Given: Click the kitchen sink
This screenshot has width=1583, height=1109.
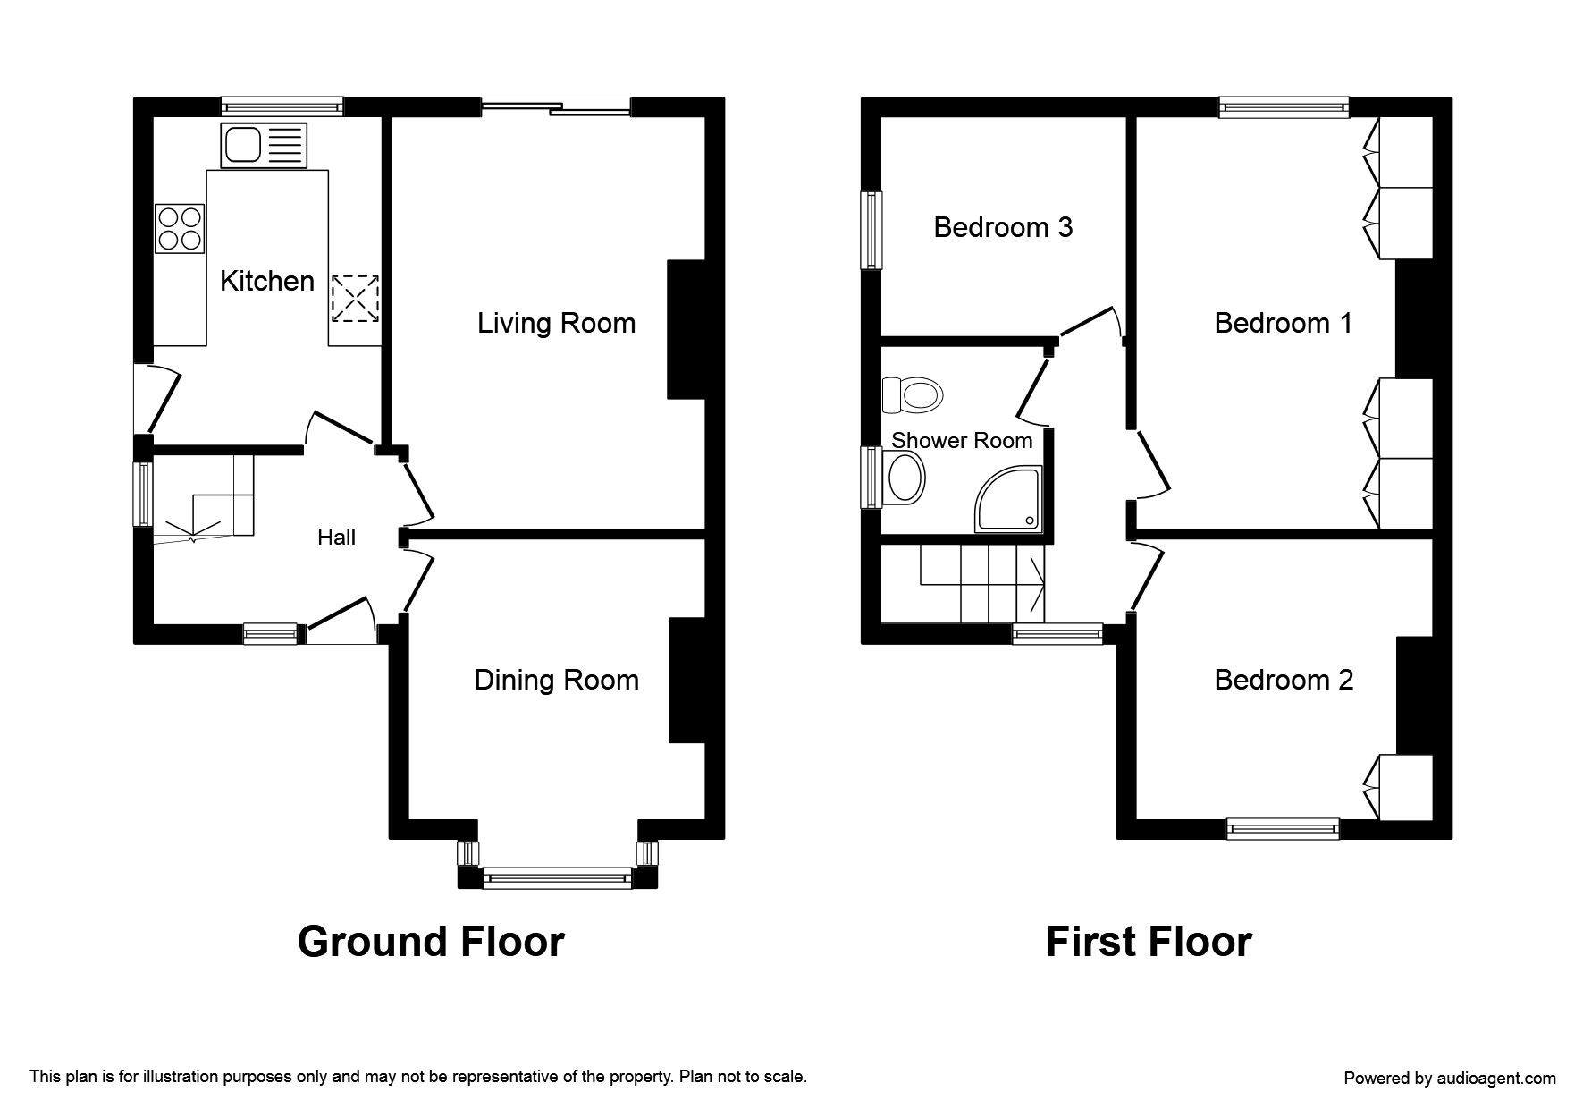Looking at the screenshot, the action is coord(264,146).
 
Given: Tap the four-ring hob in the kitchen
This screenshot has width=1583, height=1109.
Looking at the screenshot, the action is coord(180,228).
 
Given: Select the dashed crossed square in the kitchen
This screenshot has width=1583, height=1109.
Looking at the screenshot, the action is coord(355,299).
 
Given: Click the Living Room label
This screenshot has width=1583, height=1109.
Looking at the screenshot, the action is coord(556,323).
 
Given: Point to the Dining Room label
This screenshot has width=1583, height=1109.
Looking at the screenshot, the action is coord(556,680).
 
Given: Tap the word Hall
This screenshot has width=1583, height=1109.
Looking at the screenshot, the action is coord(336,537).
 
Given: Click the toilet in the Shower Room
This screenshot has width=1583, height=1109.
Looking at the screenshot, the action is coord(912,394).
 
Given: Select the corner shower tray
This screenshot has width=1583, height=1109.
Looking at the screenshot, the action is coord(1009,499).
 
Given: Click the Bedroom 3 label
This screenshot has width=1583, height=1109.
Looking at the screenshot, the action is coord(1003,227).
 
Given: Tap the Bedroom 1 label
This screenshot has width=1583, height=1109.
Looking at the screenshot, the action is coord(1284,323).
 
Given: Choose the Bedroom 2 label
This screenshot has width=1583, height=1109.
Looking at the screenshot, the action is coord(1284,680).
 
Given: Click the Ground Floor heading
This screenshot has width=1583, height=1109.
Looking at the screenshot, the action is coord(431,942).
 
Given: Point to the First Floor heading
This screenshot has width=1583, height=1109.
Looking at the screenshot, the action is coord(1149,942).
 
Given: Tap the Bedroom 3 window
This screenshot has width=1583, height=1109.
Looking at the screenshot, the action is coord(871,230).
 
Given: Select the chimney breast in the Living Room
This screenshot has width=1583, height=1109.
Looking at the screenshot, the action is coord(686,329).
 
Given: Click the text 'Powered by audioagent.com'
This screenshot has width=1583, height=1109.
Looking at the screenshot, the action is coord(1450,1078).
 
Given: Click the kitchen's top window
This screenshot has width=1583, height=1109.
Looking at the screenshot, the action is coord(282,106).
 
